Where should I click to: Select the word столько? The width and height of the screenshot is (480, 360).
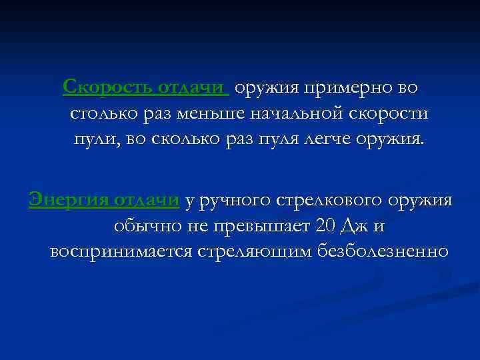point(103,114)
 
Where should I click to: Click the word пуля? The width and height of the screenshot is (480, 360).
point(278,141)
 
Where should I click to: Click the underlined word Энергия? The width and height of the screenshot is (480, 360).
point(68,199)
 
